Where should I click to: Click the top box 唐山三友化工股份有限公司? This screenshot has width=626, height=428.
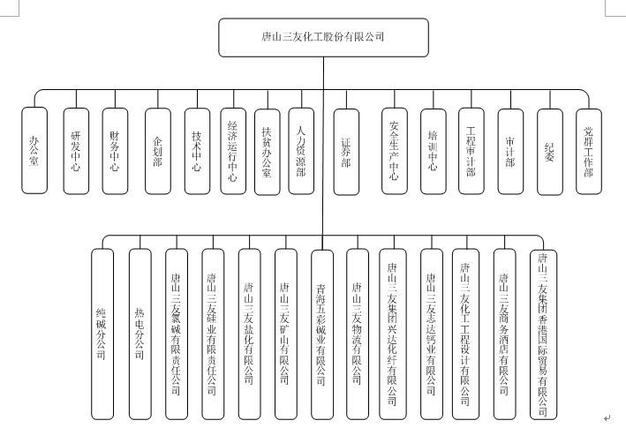pyautogui.click(x=323, y=37)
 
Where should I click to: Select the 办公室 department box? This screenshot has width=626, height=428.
pyautogui.click(x=34, y=150)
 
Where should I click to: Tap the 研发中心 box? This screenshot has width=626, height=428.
pyautogui.click(x=76, y=151)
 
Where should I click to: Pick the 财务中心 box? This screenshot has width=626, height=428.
pyautogui.click(x=115, y=151)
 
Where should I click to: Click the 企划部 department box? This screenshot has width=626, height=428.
pyautogui.click(x=158, y=151)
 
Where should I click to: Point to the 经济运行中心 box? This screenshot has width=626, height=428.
pyautogui.click(x=233, y=151)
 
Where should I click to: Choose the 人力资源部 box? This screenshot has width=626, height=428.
pyautogui.click(x=301, y=151)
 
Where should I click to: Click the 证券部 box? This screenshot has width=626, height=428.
pyautogui.click(x=346, y=152)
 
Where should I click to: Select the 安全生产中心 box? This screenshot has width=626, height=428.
pyautogui.click(x=395, y=151)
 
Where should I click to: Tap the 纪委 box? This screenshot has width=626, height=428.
pyautogui.click(x=550, y=152)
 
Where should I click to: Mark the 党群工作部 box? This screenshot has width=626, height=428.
pyautogui.click(x=588, y=152)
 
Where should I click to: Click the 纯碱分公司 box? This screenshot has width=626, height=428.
pyautogui.click(x=102, y=334)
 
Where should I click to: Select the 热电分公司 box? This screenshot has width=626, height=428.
pyautogui.click(x=140, y=334)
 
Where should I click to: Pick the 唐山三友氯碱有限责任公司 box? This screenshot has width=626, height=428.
pyautogui.click(x=177, y=334)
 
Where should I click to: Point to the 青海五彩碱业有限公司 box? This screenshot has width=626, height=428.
pyautogui.click(x=322, y=334)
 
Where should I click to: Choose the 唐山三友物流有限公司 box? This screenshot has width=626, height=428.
pyautogui.click(x=358, y=334)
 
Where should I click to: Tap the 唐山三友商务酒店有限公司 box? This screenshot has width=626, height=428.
pyautogui.click(x=505, y=334)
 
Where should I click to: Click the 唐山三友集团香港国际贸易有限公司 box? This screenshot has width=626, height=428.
pyautogui.click(x=543, y=334)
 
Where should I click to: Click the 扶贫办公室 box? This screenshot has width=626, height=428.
pyautogui.click(x=268, y=152)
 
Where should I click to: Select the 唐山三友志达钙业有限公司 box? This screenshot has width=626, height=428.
pyautogui.click(x=432, y=334)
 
